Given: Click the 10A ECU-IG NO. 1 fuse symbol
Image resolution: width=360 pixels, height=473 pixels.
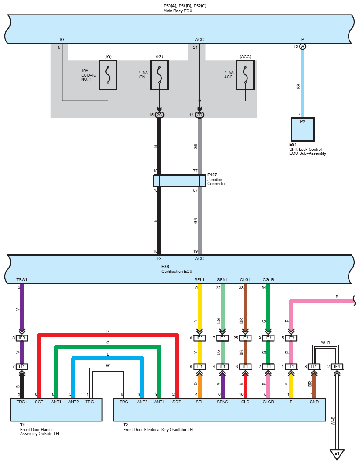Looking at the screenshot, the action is point(108,75).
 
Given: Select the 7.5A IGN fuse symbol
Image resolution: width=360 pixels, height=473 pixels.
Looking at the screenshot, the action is point(159,75).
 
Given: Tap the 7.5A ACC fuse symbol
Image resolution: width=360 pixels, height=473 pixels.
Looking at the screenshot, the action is point(245,75).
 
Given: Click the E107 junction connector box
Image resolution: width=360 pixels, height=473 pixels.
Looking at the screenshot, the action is point(180,181).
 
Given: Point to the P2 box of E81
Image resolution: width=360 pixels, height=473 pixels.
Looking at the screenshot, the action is point(303,129).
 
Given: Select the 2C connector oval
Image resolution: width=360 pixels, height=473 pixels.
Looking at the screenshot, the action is point(159,115).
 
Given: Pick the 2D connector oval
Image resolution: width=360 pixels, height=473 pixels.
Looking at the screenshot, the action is point(199,115).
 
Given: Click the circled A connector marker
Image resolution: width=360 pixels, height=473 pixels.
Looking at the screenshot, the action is point(303,46).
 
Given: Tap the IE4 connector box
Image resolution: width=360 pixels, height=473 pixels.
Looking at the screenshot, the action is point(337,366).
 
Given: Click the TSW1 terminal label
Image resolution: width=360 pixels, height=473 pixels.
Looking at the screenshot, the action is point(22,279).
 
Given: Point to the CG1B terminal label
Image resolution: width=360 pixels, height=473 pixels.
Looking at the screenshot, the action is point(268,279).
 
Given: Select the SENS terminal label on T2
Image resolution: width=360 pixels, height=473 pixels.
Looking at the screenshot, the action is point(222,402).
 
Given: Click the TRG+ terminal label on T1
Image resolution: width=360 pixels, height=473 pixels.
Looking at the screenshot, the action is point(22,402).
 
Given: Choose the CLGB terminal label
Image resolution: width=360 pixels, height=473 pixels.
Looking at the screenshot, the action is point(268,402).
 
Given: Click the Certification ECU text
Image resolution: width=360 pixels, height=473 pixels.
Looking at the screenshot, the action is point(176,271).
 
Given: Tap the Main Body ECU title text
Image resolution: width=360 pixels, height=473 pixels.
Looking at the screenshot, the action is point(178,11).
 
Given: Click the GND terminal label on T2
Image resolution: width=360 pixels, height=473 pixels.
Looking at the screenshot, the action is point(314,402).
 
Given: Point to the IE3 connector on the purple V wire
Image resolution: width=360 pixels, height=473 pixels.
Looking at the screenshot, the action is point(22,338).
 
